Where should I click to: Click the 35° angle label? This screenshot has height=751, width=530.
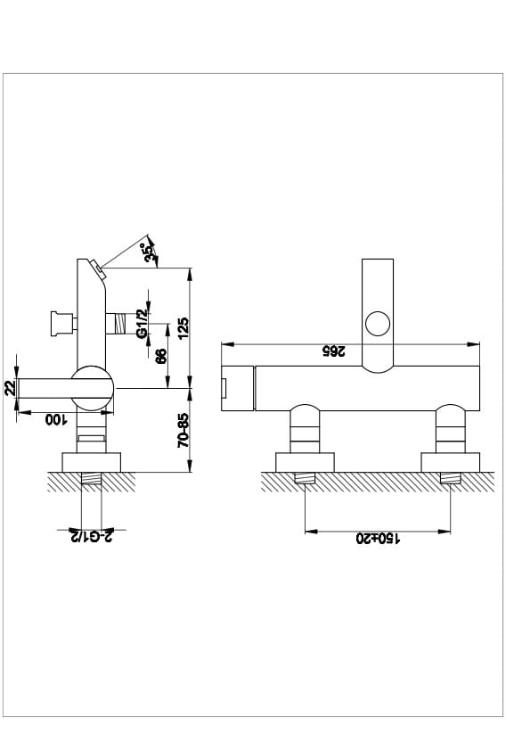(150, 252)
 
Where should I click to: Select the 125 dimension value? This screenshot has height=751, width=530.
(183, 328)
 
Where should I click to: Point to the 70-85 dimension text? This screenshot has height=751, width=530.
(183, 430)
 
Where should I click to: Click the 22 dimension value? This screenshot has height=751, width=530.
(10, 388)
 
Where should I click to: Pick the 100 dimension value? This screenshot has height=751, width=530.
(55, 419)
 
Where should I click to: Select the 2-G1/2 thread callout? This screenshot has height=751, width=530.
(92, 536)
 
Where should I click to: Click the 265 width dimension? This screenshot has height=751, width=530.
(333, 351)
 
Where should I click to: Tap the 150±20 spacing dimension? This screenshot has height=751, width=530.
(378, 539)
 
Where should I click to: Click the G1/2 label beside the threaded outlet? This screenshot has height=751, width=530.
(142, 324)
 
